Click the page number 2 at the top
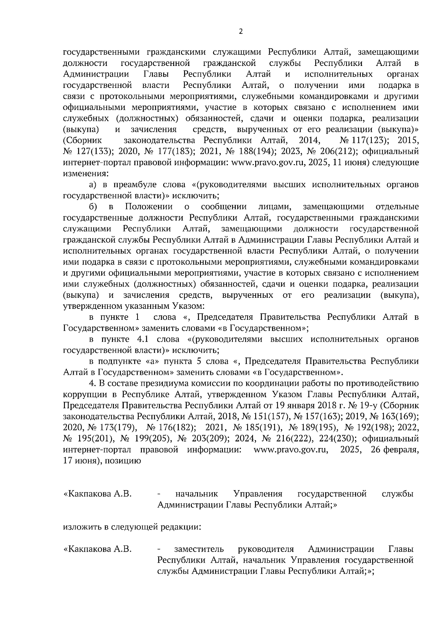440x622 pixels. pos(241,32)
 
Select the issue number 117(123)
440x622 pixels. pos(371,140)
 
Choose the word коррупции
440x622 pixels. pos(85,394)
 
